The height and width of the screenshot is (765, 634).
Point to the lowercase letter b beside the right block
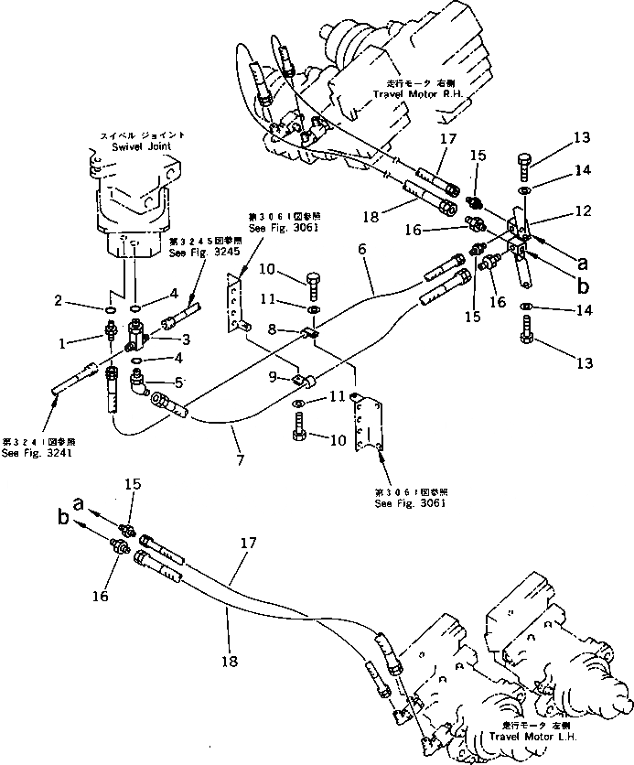coord(583,285)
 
